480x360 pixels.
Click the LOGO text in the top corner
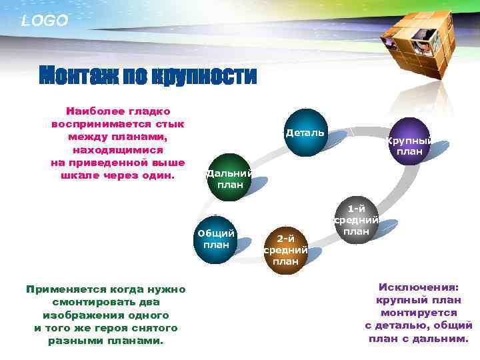point(45,21)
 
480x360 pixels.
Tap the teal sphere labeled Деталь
point(304,133)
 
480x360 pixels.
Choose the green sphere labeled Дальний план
point(229,177)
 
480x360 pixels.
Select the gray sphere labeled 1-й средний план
point(356,221)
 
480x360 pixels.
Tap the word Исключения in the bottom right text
point(418,287)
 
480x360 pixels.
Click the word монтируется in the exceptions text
point(419,313)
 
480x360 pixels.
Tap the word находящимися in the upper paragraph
point(117,151)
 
